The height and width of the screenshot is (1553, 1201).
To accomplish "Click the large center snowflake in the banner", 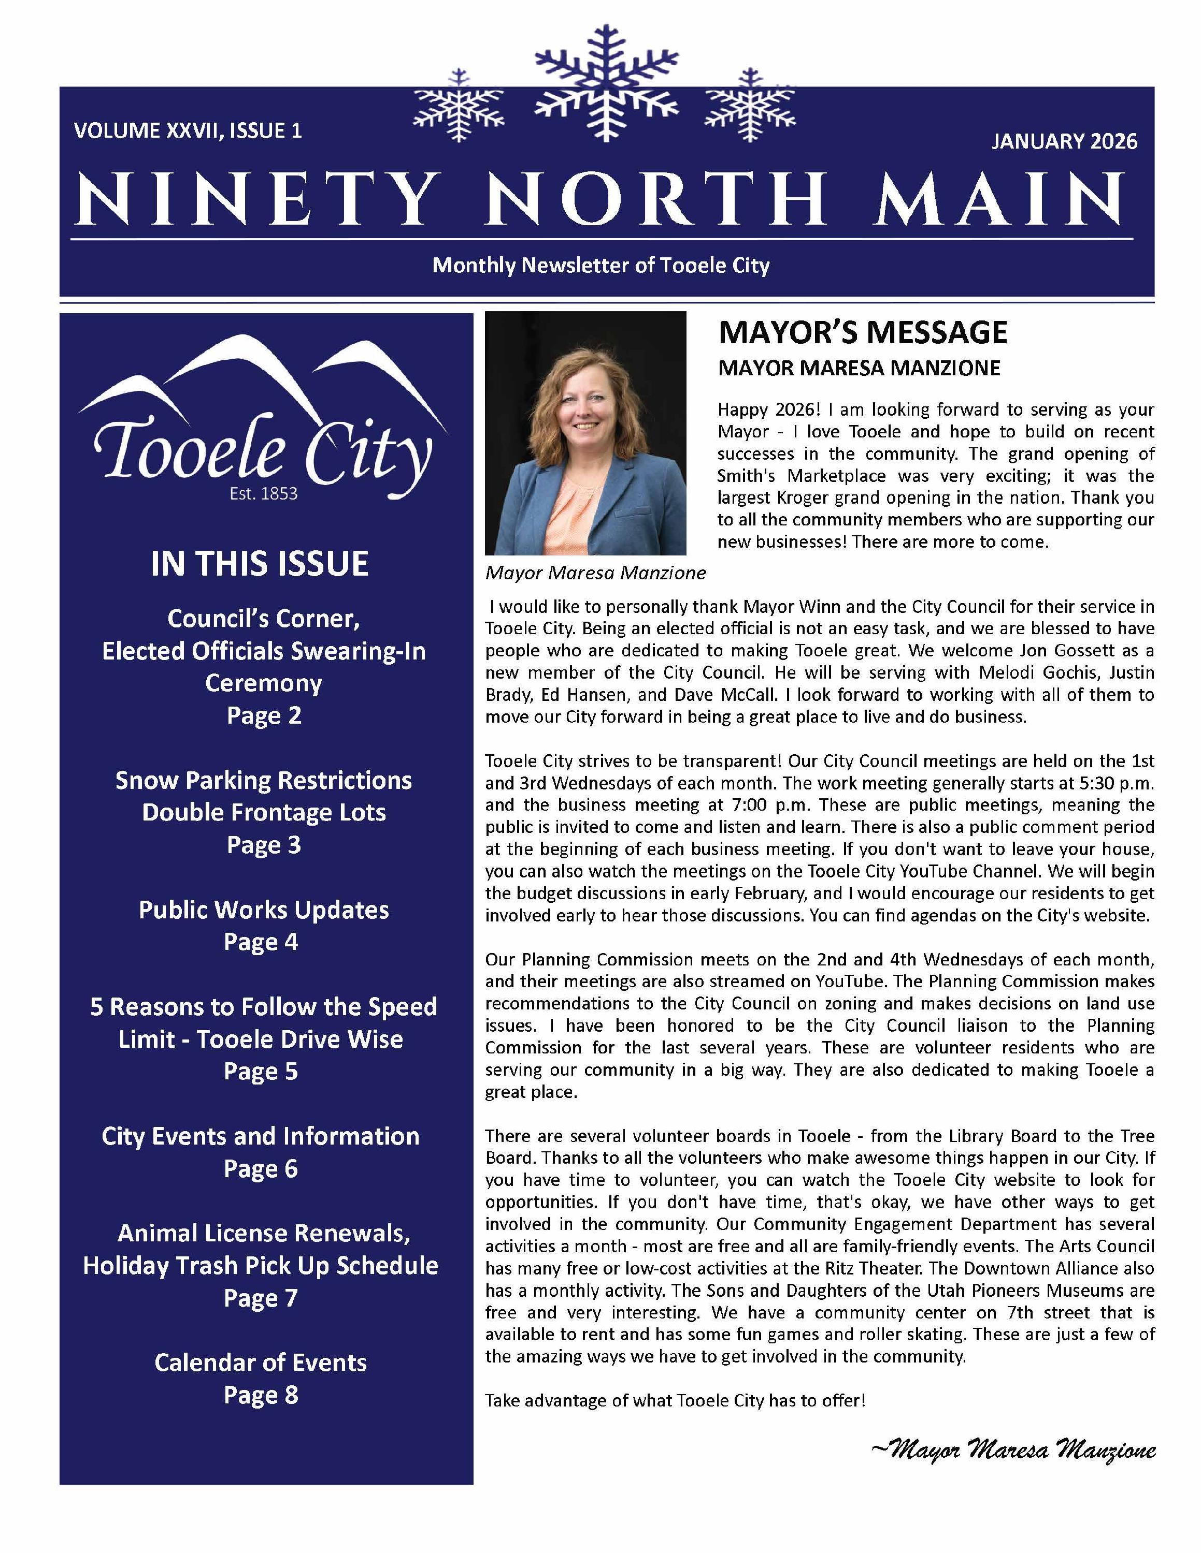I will point(606,84).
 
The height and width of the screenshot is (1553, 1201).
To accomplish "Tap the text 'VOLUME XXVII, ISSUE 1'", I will point(188,131).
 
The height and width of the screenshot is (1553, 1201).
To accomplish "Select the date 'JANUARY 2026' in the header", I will point(1064,141).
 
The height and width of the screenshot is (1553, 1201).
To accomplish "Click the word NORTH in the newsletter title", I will point(654,199).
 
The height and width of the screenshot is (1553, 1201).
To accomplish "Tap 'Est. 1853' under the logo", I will point(263,493).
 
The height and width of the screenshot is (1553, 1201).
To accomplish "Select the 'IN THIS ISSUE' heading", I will point(260,564).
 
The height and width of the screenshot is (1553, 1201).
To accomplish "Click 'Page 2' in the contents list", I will point(264,715).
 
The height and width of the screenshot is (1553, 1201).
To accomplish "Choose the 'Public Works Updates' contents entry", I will point(264,910).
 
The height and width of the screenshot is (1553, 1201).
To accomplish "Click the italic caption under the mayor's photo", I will point(595,573).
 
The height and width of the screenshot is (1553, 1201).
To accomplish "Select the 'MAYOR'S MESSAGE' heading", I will point(862,333).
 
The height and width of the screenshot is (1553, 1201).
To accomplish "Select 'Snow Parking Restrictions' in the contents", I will point(264,781).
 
